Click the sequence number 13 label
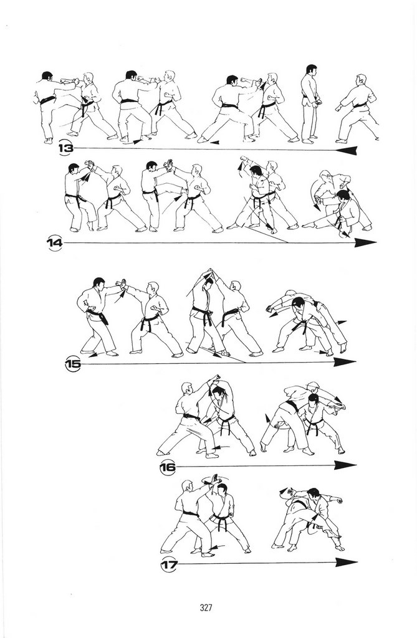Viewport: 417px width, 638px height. tap(66, 148)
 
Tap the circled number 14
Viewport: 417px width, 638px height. tap(55, 243)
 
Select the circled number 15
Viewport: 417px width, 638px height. tap(73, 363)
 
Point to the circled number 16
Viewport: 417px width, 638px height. tap(168, 466)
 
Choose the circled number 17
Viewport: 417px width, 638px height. tap(168, 564)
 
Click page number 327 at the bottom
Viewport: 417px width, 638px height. tap(206, 608)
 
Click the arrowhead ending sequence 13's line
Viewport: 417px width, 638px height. tap(347, 151)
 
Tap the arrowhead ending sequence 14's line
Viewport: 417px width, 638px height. tap(365, 243)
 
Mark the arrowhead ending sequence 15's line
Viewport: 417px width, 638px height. tap(345, 362)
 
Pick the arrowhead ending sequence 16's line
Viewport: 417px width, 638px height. tap(345, 465)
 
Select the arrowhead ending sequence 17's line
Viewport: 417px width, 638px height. tap(347, 563)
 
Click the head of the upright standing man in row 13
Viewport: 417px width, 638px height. tap(312, 70)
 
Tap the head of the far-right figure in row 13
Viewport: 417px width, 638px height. tap(361, 80)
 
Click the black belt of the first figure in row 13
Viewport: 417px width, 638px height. tap(47, 100)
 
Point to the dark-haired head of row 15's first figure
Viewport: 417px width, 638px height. tap(98, 283)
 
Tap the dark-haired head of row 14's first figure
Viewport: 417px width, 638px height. tap(74, 169)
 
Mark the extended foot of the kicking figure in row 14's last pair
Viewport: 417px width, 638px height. tap(306, 225)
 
